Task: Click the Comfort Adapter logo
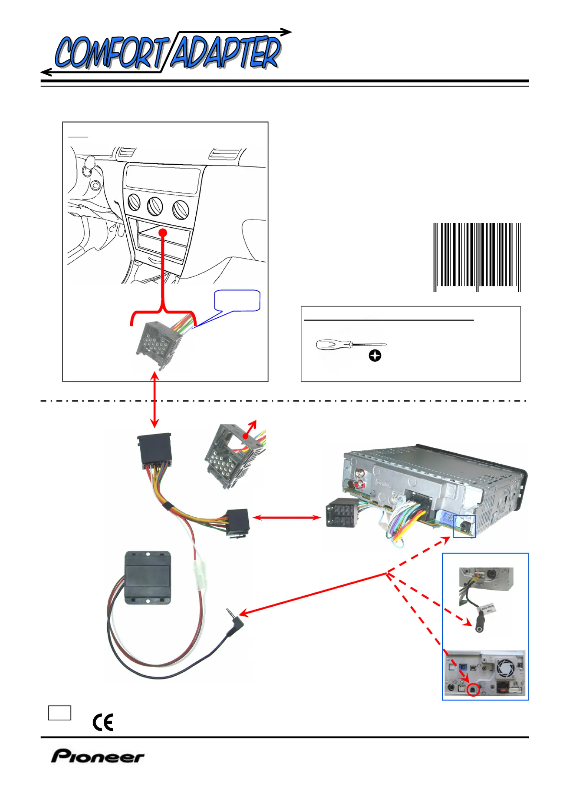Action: [167, 53]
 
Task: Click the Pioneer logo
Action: [98, 756]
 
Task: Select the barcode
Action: [477, 257]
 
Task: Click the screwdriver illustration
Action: [351, 345]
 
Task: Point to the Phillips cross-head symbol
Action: [375, 356]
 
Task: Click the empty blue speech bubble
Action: [237, 300]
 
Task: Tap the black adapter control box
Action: [148, 578]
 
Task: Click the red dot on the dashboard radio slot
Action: [163, 232]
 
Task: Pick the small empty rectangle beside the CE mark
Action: [60, 713]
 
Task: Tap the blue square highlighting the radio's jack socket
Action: [464, 526]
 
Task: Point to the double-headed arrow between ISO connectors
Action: [286, 517]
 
